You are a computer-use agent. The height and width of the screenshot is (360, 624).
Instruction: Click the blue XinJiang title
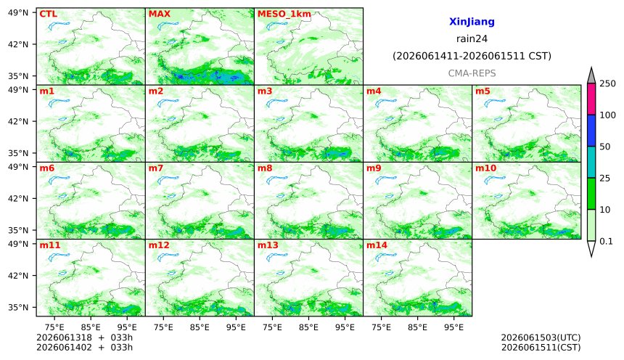tap(472, 22)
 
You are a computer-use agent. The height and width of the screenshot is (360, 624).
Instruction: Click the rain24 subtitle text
tap(472, 38)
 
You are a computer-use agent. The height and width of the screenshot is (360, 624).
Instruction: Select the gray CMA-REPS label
tap(472, 73)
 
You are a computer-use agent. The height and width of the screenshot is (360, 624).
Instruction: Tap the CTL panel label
tap(48, 14)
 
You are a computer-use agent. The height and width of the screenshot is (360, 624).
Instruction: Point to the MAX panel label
tap(159, 14)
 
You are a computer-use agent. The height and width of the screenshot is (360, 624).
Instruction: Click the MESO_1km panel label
tap(284, 15)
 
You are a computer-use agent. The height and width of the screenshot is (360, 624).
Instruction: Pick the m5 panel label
tap(483, 91)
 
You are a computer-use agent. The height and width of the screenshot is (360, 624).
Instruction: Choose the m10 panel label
tap(486, 168)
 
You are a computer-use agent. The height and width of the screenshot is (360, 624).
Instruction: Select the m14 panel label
tap(377, 245)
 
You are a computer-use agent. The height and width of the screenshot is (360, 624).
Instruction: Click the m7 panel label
tap(156, 168)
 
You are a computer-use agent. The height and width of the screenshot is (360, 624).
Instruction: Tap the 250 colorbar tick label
tap(607, 83)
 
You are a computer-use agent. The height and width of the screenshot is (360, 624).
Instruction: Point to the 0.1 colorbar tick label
tap(606, 241)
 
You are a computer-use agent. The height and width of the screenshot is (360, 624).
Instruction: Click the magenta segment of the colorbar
tap(591, 99)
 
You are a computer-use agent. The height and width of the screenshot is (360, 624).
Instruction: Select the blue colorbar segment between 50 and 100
tap(591, 131)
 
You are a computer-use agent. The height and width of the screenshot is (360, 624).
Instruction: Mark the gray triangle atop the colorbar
tap(591, 76)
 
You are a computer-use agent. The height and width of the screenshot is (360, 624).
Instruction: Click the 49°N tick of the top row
tap(18, 13)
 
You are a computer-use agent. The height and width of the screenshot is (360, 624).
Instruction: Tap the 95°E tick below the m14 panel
tap(453, 327)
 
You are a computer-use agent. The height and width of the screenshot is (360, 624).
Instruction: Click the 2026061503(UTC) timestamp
tap(541, 337)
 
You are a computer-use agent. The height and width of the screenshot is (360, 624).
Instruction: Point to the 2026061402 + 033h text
tap(84, 347)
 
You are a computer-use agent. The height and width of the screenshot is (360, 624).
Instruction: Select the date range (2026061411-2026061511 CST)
tap(472, 56)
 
